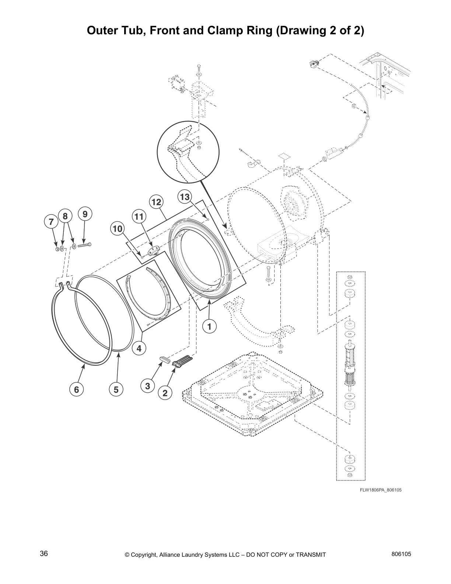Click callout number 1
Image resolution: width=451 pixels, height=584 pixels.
pos(209,326)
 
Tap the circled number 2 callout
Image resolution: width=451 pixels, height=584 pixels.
pos(165,393)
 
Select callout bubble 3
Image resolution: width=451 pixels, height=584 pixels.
pos(147,386)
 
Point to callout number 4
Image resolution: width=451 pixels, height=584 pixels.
pos(139,348)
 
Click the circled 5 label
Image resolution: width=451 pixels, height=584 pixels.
pos(116,389)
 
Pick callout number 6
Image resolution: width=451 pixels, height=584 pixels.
pos(76,389)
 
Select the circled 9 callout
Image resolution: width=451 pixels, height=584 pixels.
pos(85,214)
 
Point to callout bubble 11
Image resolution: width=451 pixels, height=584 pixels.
pos(139,216)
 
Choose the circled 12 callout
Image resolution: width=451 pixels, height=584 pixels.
pos(156,202)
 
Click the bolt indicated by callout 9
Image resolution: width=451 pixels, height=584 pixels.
pos(84,245)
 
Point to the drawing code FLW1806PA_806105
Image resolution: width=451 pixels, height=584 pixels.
pos(381,490)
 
